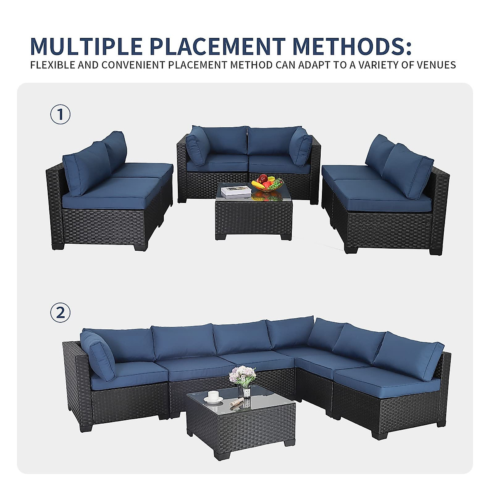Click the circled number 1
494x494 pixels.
pyautogui.click(x=61, y=115)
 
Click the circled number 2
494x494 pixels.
pyautogui.click(x=61, y=313)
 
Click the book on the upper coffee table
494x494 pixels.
pyautogui.click(x=236, y=190)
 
